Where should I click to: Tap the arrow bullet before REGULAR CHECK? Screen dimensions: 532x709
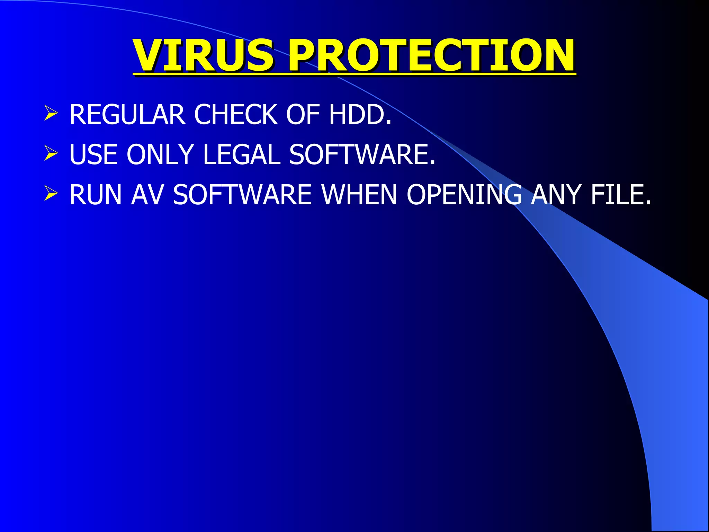(x=51, y=114)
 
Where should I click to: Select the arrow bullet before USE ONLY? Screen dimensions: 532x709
(x=51, y=154)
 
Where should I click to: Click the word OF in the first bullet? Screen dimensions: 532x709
(x=303, y=115)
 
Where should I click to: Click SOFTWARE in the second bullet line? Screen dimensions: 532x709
(x=361, y=154)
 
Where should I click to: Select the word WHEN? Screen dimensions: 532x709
(x=359, y=195)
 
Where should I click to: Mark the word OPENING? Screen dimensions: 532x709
(x=464, y=195)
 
